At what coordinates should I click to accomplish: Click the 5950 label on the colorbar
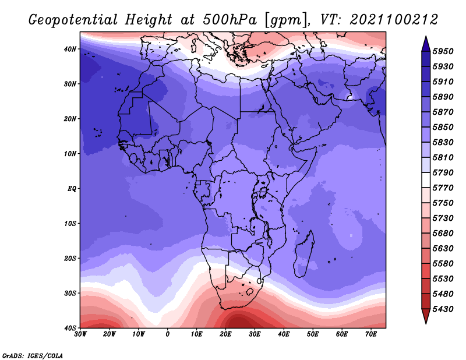pyautogui.click(x=443, y=51)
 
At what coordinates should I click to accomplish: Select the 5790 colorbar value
pyautogui.click(x=443, y=172)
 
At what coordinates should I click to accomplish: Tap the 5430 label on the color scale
pyautogui.click(x=443, y=309)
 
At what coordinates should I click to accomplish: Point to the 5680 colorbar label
pyautogui.click(x=443, y=234)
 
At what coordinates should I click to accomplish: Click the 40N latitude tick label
pyautogui.click(x=70, y=49)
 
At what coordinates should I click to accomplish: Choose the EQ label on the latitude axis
pyautogui.click(x=72, y=189)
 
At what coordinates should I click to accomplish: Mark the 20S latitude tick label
pyautogui.click(x=70, y=258)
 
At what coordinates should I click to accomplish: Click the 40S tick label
pyautogui.click(x=70, y=328)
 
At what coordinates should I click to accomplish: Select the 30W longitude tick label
pyautogui.click(x=80, y=334)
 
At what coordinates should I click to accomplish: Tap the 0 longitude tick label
pyautogui.click(x=168, y=334)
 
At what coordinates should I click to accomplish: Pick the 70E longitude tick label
pyautogui.click(x=371, y=334)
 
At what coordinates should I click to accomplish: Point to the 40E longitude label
pyautogui.click(x=284, y=334)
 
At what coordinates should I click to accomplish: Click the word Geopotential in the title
pyautogui.click(x=73, y=20)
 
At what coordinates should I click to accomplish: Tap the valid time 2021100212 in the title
pyautogui.click(x=394, y=20)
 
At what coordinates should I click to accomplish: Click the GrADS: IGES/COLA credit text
pyautogui.click(x=33, y=355)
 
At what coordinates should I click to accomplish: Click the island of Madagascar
pyautogui.click(x=304, y=255)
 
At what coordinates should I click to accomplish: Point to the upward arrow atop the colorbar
pyautogui.click(x=426, y=44)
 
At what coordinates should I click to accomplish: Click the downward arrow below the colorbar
pyautogui.click(x=426, y=316)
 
